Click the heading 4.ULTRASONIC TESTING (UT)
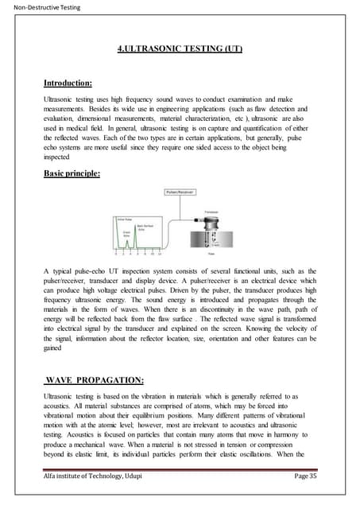[x=179, y=49]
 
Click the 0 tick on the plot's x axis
[x=117, y=254]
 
